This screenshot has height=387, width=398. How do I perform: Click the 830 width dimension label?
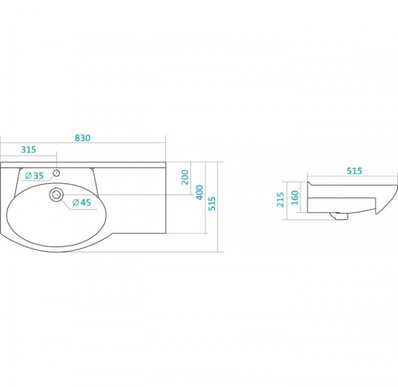(83, 137)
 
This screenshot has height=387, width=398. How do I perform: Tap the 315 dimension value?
(29, 149)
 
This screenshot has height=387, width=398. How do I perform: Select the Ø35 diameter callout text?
(34, 175)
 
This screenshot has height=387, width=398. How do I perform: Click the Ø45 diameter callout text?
(82, 202)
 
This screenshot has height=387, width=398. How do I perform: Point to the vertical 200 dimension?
(185, 177)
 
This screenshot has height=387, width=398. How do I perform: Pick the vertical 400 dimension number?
(200, 193)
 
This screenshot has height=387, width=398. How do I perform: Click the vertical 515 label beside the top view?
(212, 203)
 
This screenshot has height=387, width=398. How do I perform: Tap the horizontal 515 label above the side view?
(354, 171)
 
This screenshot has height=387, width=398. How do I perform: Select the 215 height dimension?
(281, 200)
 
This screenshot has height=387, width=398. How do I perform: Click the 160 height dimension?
(295, 198)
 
